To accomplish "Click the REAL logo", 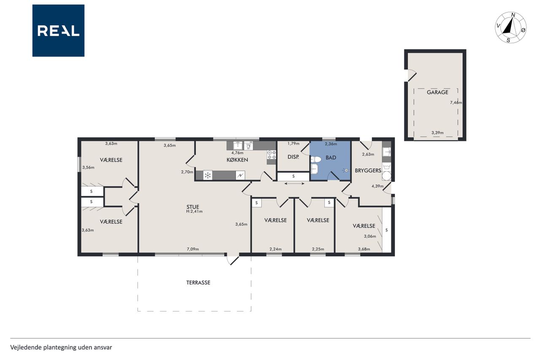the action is pos(58,31).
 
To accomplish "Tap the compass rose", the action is pos(510,28).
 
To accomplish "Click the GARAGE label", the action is pos(437,92).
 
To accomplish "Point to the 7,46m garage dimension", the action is pos(456,103).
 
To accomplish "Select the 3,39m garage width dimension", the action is pos(437,133).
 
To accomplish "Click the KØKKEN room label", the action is pos(237,160).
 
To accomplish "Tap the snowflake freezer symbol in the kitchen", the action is pos(208,175).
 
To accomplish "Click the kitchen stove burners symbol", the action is pos(271,155).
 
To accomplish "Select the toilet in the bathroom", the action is pos(316,160).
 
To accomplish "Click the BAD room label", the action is pos(331,158).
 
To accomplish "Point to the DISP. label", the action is pos(293,157).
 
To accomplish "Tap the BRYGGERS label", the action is pos(368,171).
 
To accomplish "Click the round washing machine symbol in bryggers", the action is pos(386,176).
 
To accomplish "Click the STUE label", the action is pos(193,207).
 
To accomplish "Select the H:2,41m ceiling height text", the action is pos(194,211).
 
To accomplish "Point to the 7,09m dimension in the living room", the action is pos(193,249).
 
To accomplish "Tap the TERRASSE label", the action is pos(198,283).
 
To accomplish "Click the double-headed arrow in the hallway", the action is pos(294,184).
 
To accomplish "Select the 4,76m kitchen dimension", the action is pos(237,153).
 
